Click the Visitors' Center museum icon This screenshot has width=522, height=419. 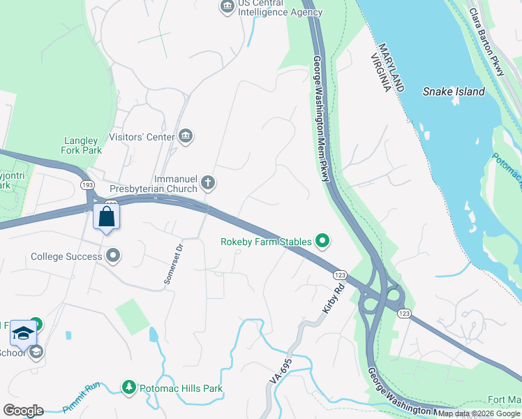pyautogui.click(x=186, y=135)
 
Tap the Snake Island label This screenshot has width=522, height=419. pyautogui.click(x=454, y=91)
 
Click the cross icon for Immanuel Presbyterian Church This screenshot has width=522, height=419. pyautogui.click(x=207, y=184)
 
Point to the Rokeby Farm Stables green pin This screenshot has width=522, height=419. pyautogui.click(x=322, y=242)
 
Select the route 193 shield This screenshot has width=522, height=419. pyautogui.click(x=87, y=184)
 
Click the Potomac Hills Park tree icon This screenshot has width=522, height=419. pyautogui.click(x=128, y=387)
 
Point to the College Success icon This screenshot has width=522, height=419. pyautogui.click(x=113, y=256)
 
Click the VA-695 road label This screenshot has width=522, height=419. pyautogui.click(x=281, y=375)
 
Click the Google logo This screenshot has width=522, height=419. pyautogui.click(x=23, y=411)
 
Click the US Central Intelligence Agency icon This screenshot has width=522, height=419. pyautogui.click(x=227, y=7)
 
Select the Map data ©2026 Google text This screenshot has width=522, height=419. pyautogui.click(x=479, y=413)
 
